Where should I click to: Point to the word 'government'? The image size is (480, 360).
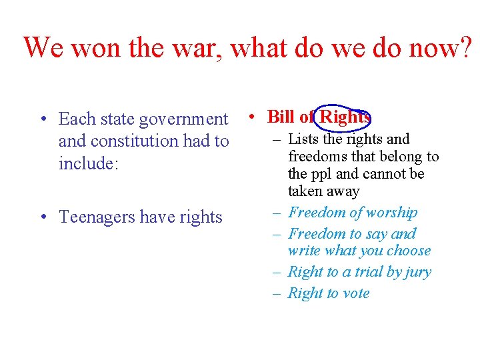click(x=183, y=119)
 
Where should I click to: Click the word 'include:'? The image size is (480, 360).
click(x=89, y=163)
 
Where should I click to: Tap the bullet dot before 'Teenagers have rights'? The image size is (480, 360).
click(x=42, y=217)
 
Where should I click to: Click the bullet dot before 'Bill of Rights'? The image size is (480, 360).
click(x=249, y=117)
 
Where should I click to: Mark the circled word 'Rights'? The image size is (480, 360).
click(x=345, y=117)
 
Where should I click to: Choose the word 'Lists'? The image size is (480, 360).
click(x=305, y=139)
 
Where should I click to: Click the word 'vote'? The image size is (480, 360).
click(x=357, y=293)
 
